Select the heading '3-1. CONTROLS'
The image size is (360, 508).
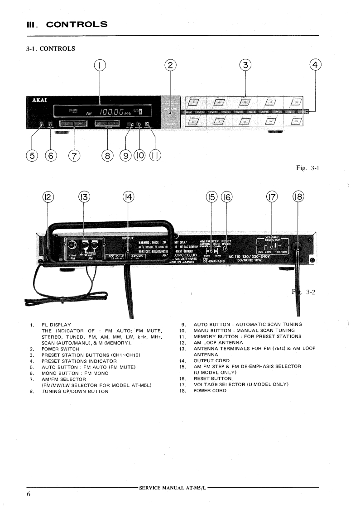(x=51, y=49)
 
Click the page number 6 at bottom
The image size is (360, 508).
(x=28, y=494)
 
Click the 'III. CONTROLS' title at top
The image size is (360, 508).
(x=66, y=24)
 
